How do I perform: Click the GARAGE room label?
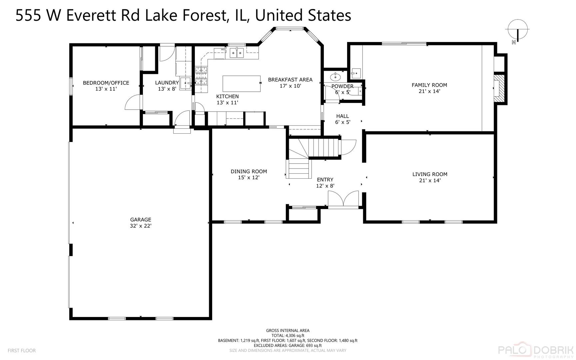click(141, 220)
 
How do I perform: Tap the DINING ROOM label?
click(249, 172)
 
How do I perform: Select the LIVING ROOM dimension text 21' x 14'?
click(430, 180)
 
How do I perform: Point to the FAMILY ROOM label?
click(429, 85)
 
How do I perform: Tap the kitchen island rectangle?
click(242, 84)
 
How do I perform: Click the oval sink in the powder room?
click(335, 77)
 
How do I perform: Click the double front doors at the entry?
click(343, 199)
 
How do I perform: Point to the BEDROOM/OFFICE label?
click(106, 83)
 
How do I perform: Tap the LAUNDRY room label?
click(167, 83)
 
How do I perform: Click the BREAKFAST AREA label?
click(290, 80)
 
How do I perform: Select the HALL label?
click(342, 116)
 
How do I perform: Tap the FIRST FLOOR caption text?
click(22, 351)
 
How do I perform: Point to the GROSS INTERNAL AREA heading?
click(288, 331)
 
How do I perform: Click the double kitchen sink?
click(237, 53)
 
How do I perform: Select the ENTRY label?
click(325, 180)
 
